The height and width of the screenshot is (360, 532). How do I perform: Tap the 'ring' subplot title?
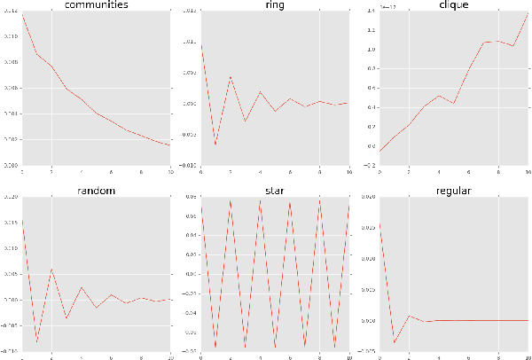click(275, 6)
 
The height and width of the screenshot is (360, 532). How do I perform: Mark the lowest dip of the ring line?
click(215, 145)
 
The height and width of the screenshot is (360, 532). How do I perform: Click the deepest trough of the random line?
click(36, 341)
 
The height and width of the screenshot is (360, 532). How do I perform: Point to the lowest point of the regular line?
click(394, 343)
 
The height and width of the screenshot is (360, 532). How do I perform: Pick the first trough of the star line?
click(215, 348)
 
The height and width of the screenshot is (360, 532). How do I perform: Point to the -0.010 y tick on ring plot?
click(189, 165)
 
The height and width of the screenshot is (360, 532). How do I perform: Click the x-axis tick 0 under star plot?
click(201, 356)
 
